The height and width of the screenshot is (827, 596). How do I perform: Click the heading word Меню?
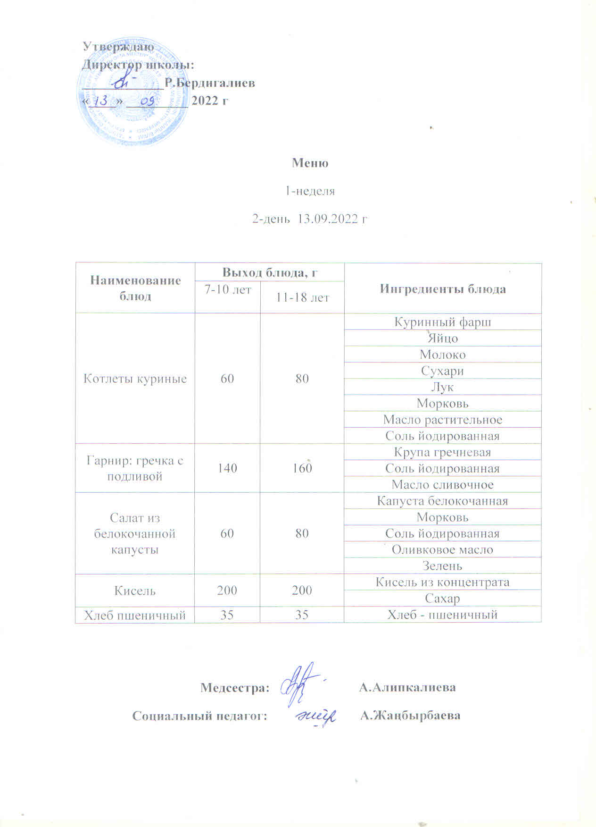(x=310, y=163)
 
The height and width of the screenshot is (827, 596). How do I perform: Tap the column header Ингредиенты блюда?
(x=443, y=289)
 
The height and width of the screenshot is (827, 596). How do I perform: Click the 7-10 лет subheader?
(x=227, y=289)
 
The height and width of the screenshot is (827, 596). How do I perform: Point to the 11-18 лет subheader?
(x=302, y=297)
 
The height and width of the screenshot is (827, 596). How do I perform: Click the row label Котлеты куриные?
(x=135, y=379)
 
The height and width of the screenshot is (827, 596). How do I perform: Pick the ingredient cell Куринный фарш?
(x=442, y=322)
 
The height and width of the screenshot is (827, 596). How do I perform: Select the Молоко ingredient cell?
(x=442, y=354)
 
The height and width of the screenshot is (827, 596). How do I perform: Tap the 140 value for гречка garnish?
(x=227, y=468)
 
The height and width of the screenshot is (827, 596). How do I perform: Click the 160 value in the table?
(x=302, y=468)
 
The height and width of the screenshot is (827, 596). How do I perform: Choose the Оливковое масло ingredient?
(x=442, y=550)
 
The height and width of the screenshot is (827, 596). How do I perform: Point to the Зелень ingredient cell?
(x=442, y=566)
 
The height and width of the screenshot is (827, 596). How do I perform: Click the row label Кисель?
(x=135, y=591)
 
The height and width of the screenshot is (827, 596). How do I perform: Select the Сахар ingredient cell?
(x=442, y=599)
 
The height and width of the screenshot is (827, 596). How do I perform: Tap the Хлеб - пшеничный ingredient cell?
(x=442, y=615)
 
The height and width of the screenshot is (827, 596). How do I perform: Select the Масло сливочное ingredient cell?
(x=442, y=485)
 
